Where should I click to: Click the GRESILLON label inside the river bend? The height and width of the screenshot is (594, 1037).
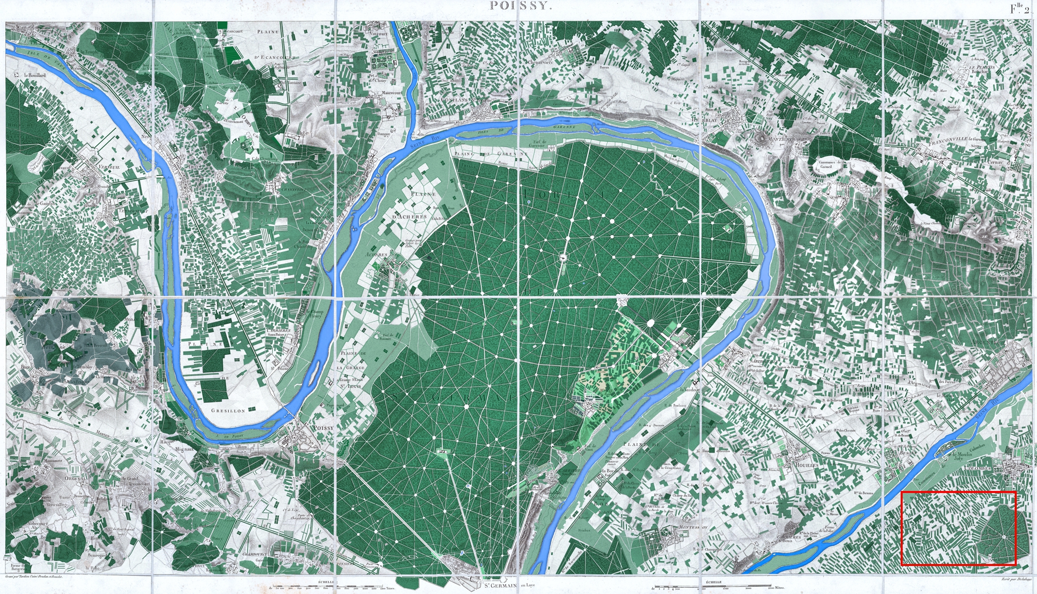[x=228, y=410]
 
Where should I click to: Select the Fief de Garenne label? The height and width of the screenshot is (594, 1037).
[x=537, y=143]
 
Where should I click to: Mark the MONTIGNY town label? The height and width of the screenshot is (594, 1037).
[x=780, y=139]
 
